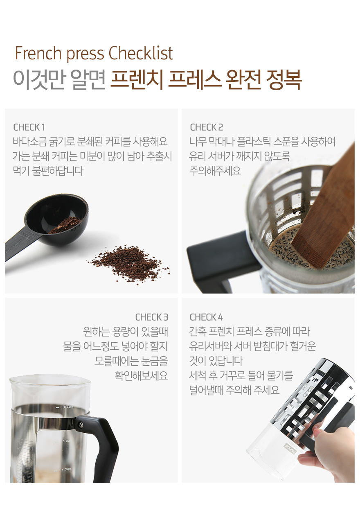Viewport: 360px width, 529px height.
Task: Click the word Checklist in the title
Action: point(141,53)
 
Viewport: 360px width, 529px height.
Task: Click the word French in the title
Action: point(38,53)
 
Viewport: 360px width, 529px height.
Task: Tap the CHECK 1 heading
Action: point(29,127)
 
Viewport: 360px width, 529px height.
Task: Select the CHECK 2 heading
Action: point(207,127)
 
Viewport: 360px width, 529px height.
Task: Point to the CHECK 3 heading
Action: point(152,317)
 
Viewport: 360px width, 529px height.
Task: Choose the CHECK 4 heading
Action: point(206,317)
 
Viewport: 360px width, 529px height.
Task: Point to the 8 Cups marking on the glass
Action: point(68,407)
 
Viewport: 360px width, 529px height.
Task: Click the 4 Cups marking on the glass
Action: point(66,469)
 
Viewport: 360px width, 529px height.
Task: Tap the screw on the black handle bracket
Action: point(82,425)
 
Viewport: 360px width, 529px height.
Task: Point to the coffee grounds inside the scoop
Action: point(65,225)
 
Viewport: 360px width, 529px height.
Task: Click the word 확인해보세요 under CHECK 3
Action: point(141,375)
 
